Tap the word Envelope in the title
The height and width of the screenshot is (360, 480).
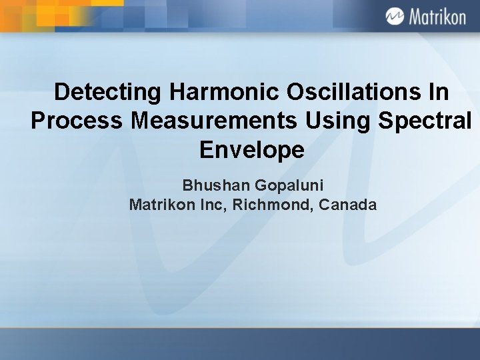tap(251, 150)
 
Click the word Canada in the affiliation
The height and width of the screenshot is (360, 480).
tap(348, 205)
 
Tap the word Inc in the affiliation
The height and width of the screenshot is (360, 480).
tap(212, 205)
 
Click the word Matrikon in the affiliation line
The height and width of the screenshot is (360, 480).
tap(161, 205)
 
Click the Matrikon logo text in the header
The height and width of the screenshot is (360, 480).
tap(437, 17)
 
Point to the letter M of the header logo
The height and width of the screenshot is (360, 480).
tap(415, 17)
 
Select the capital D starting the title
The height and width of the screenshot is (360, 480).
tap(61, 93)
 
